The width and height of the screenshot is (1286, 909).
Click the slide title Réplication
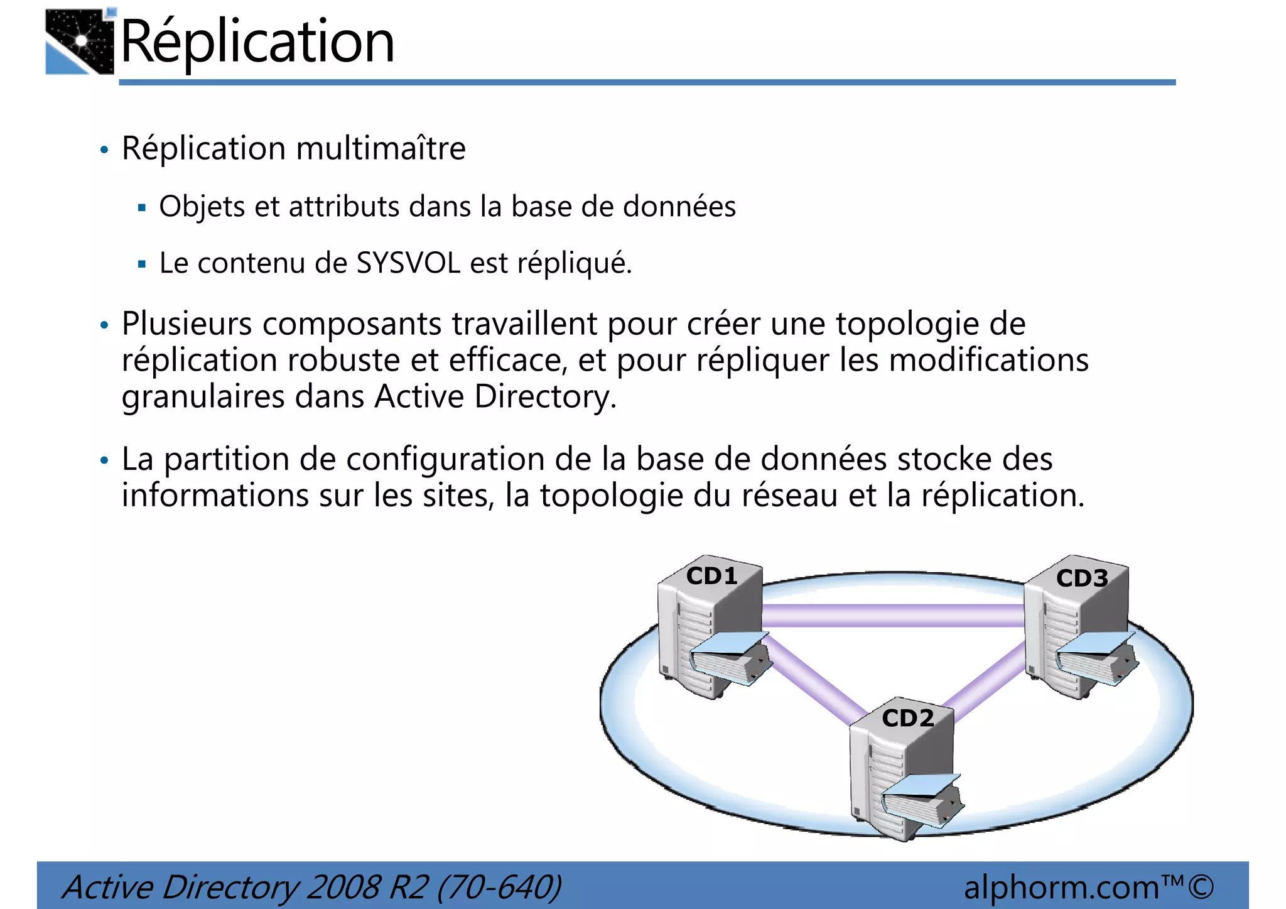click(257, 42)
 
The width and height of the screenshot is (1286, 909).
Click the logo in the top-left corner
click(80, 42)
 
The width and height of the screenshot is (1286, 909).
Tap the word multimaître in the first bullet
click(381, 149)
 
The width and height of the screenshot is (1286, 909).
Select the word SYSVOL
click(409, 263)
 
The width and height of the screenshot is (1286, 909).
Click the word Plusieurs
click(186, 324)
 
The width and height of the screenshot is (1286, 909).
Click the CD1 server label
click(711, 575)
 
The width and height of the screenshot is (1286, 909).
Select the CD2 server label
click(907, 717)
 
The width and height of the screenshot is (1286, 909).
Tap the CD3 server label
click(1081, 578)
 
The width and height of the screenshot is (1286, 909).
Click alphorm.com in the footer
click(1061, 887)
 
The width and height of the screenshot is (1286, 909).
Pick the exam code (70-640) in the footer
click(499, 887)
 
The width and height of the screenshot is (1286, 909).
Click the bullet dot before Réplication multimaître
click(104, 150)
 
